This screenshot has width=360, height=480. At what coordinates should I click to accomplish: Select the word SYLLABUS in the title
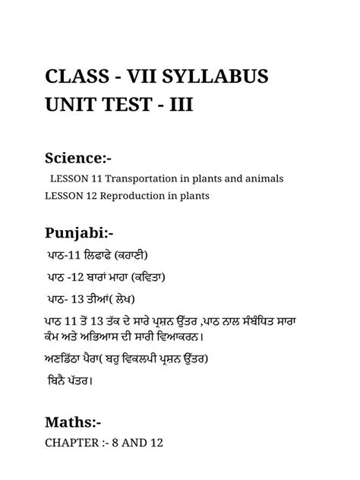(x=227, y=79)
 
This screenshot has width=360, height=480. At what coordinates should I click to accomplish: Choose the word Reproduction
(x=141, y=197)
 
